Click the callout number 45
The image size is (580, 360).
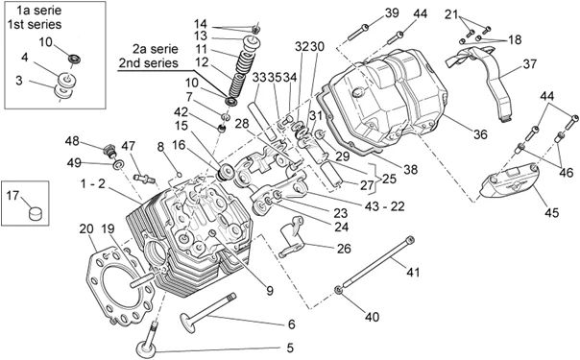tap(551, 212)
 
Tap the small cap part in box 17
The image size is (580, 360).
tap(36, 213)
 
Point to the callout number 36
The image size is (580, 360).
tap(480, 133)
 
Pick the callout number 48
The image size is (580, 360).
tap(72, 141)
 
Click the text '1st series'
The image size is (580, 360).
tap(35, 24)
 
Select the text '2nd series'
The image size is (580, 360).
tap(148, 62)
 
